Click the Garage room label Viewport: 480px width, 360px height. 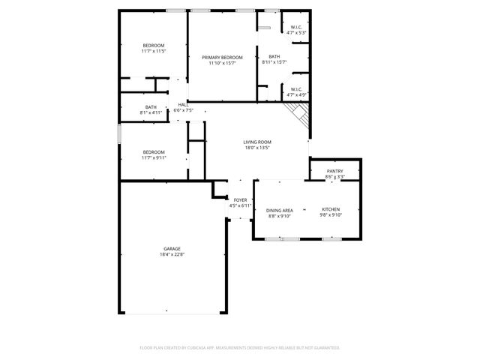tap(172, 248)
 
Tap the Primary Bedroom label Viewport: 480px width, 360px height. tap(222, 58)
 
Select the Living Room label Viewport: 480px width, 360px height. tap(257, 142)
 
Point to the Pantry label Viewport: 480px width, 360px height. tap(334, 171)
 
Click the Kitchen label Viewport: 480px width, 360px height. tap(331, 208)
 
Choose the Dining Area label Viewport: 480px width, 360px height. tap(278, 210)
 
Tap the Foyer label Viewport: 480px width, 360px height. tap(240, 200)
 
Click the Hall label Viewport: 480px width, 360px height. tap(183, 105)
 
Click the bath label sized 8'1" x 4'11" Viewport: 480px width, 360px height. tap(151, 106)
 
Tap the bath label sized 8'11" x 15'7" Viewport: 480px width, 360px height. tap(274, 57)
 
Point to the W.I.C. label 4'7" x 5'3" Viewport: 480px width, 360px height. tap(296, 28)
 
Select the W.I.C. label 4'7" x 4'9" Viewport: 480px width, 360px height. tap(296, 89)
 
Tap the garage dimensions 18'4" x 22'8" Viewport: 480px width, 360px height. tap(172, 254)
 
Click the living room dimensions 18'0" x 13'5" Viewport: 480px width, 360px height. tap(257, 148)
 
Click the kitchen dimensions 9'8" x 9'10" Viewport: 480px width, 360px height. tap(331, 214)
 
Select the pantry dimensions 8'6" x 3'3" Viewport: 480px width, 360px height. tap(334, 177)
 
